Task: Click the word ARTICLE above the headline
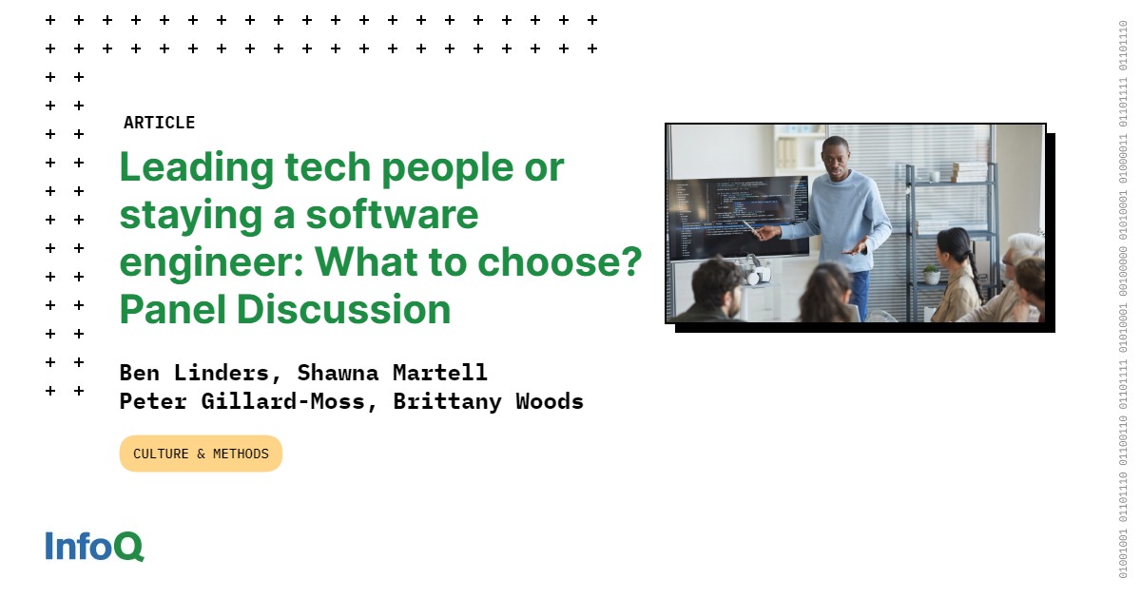pyautogui.click(x=159, y=123)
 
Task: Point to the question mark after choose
pyautogui.click(x=629, y=261)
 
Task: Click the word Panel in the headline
pyautogui.click(x=171, y=310)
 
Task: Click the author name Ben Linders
pyautogui.click(x=194, y=372)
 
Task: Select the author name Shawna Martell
pyautogui.click(x=392, y=372)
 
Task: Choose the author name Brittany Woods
pyautogui.click(x=488, y=401)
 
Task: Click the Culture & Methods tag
pyautogui.click(x=201, y=454)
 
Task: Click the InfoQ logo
pyautogui.click(x=94, y=546)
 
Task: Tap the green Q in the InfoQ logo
pyautogui.click(x=128, y=547)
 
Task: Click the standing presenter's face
pyautogui.click(x=835, y=155)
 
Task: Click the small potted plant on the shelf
pyautogui.click(x=932, y=274)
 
